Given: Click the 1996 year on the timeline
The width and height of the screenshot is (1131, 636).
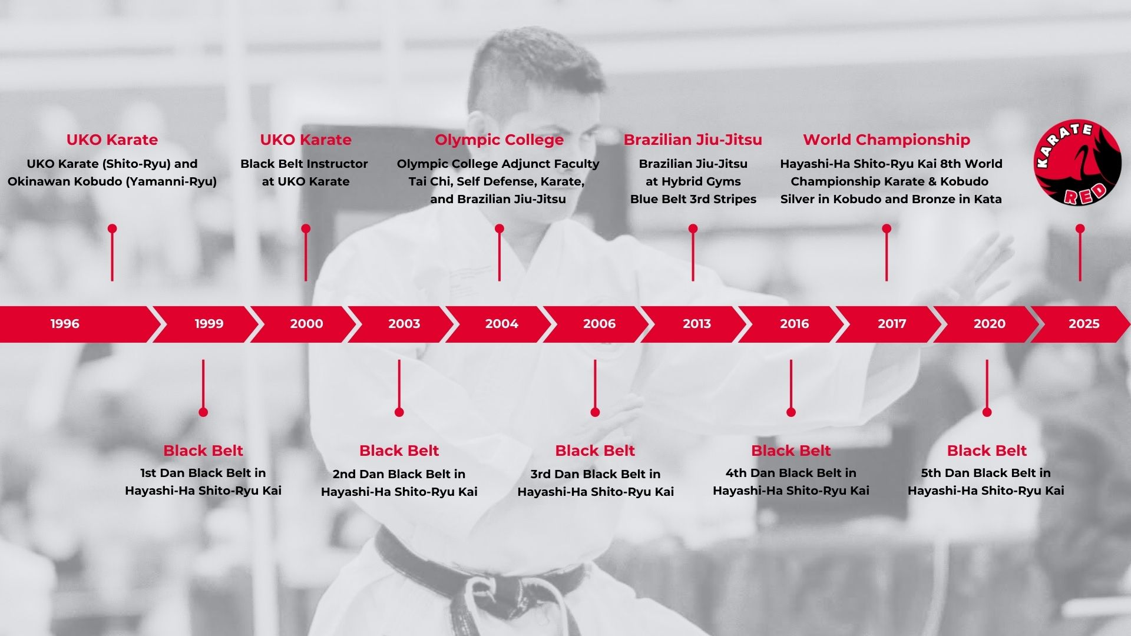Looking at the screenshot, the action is pyautogui.click(x=65, y=323).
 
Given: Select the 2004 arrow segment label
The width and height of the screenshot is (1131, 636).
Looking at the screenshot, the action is pyautogui.click(x=502, y=323).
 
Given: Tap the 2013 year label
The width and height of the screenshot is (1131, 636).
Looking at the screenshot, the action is pyautogui.click(x=697, y=323).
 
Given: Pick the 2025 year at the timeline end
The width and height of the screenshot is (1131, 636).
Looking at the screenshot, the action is pyautogui.click(x=1084, y=323).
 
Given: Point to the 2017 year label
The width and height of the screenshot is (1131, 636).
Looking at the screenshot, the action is pyautogui.click(x=892, y=323).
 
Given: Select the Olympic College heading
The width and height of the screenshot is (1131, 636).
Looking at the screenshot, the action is pyautogui.click(x=499, y=140).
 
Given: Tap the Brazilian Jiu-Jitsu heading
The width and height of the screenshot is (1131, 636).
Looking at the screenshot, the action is pyautogui.click(x=693, y=140).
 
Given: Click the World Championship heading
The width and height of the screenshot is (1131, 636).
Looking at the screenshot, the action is pyautogui.click(x=886, y=140).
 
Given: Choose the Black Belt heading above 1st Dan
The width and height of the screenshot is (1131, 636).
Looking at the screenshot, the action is pyautogui.click(x=203, y=450).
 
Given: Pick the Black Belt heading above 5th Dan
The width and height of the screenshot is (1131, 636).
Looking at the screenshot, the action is pyautogui.click(x=987, y=450).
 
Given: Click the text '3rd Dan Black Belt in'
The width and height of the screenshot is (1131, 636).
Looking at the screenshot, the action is pyautogui.click(x=595, y=474).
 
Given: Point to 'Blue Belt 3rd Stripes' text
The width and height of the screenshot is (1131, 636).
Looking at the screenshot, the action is pyautogui.click(x=693, y=199).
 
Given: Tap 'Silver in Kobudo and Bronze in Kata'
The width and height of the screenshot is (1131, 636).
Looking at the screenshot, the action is pyautogui.click(x=891, y=199).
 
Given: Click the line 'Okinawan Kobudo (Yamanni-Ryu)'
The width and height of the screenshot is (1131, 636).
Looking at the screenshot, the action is pyautogui.click(x=112, y=181).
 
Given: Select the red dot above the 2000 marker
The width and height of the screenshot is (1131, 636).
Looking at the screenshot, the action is pyautogui.click(x=306, y=228).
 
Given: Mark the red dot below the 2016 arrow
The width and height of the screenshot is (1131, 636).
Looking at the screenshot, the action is pyautogui.click(x=791, y=412).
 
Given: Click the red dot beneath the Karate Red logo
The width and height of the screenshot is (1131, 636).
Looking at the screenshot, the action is pyautogui.click(x=1080, y=228).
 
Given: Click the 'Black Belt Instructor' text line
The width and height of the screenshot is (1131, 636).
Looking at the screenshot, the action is pyautogui.click(x=304, y=164).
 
